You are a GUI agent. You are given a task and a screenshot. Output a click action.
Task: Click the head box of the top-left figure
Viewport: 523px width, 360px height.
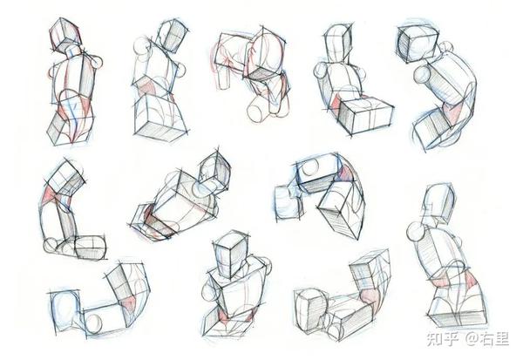pyautogui.click(x=65, y=34)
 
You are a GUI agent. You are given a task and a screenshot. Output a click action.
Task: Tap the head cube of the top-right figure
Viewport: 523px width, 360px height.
pyautogui.click(x=417, y=44)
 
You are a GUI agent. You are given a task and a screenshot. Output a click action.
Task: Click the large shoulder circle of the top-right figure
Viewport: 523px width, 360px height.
pyautogui.click(x=422, y=75)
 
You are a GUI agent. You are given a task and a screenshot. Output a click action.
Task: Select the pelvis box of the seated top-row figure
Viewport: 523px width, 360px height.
pyautogui.click(x=365, y=115)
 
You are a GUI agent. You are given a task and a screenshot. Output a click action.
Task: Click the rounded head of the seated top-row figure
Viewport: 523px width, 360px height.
pyautogui.click(x=338, y=43)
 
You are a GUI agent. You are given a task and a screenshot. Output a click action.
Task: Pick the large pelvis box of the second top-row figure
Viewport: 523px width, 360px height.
pyautogui.click(x=160, y=118)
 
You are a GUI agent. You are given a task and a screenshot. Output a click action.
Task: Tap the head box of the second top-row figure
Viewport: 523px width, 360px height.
pyautogui.click(x=172, y=36)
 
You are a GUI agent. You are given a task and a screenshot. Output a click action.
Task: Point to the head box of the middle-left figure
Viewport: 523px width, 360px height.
pyautogui.click(x=65, y=178)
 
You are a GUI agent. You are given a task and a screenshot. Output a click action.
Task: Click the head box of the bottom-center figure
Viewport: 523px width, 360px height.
pyautogui.click(x=231, y=255)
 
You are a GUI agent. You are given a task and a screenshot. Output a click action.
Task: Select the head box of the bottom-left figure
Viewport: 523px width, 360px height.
pyautogui.click(x=65, y=311)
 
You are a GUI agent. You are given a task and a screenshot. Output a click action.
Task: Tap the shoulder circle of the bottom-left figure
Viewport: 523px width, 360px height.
pyautogui.click(x=94, y=324)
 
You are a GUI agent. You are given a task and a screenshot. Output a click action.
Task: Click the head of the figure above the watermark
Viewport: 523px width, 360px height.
pyautogui.click(x=438, y=202)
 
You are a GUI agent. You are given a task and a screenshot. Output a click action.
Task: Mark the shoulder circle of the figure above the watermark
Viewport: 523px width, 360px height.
pyautogui.click(x=416, y=231)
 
